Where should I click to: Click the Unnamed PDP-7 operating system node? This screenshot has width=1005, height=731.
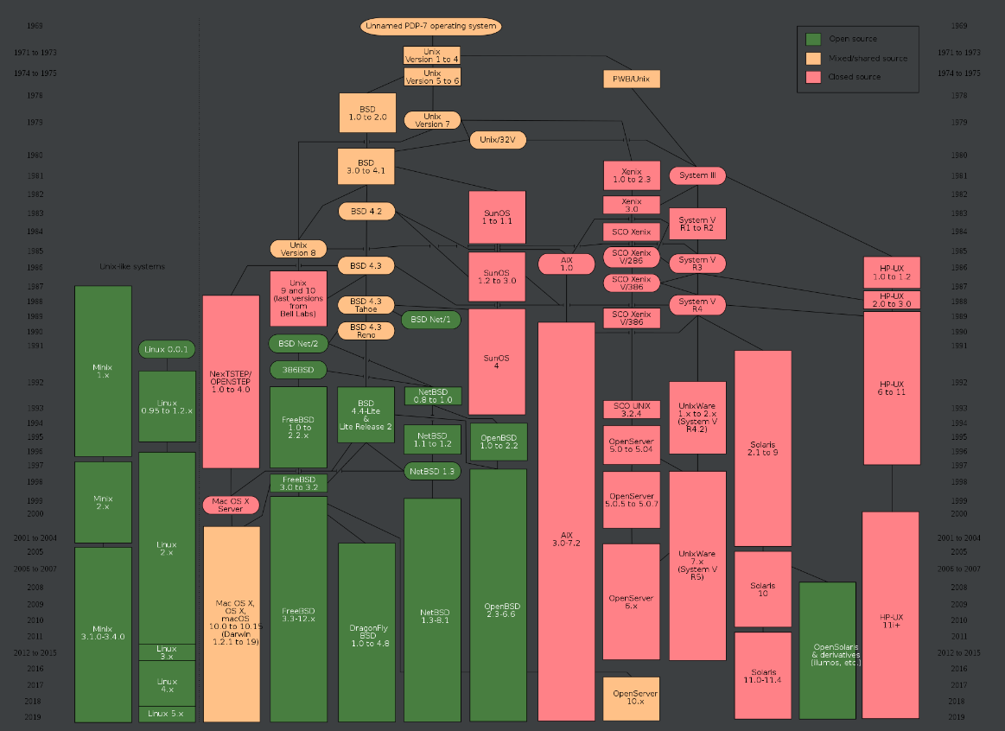tap(430, 26)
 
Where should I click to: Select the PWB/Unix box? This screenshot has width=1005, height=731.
tap(631, 79)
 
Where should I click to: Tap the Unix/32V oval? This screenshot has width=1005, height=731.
tap(498, 139)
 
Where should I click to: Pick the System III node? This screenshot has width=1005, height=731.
tap(697, 175)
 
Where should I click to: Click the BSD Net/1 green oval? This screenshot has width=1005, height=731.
tap(431, 320)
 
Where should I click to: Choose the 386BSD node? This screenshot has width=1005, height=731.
tap(298, 370)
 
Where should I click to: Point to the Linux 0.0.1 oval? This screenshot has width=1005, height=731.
tap(167, 349)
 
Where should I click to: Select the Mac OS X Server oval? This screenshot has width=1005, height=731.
tap(231, 505)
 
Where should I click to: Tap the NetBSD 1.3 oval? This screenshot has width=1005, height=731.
tap(432, 471)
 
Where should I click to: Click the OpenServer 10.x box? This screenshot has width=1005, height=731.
tap(631, 698)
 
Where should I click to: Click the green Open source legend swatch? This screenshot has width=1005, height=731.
tap(812, 39)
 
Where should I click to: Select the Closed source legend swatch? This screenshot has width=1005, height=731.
tap(812, 77)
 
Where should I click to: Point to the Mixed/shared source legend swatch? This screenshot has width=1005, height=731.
tap(812, 58)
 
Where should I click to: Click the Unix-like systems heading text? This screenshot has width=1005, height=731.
tap(132, 266)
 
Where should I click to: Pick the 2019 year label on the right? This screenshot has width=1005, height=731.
tap(956, 717)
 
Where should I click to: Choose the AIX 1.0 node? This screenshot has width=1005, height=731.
tap(566, 264)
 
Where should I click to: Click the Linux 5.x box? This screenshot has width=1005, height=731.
tap(167, 714)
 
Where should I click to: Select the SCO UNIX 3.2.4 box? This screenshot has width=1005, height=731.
tap(631, 410)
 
